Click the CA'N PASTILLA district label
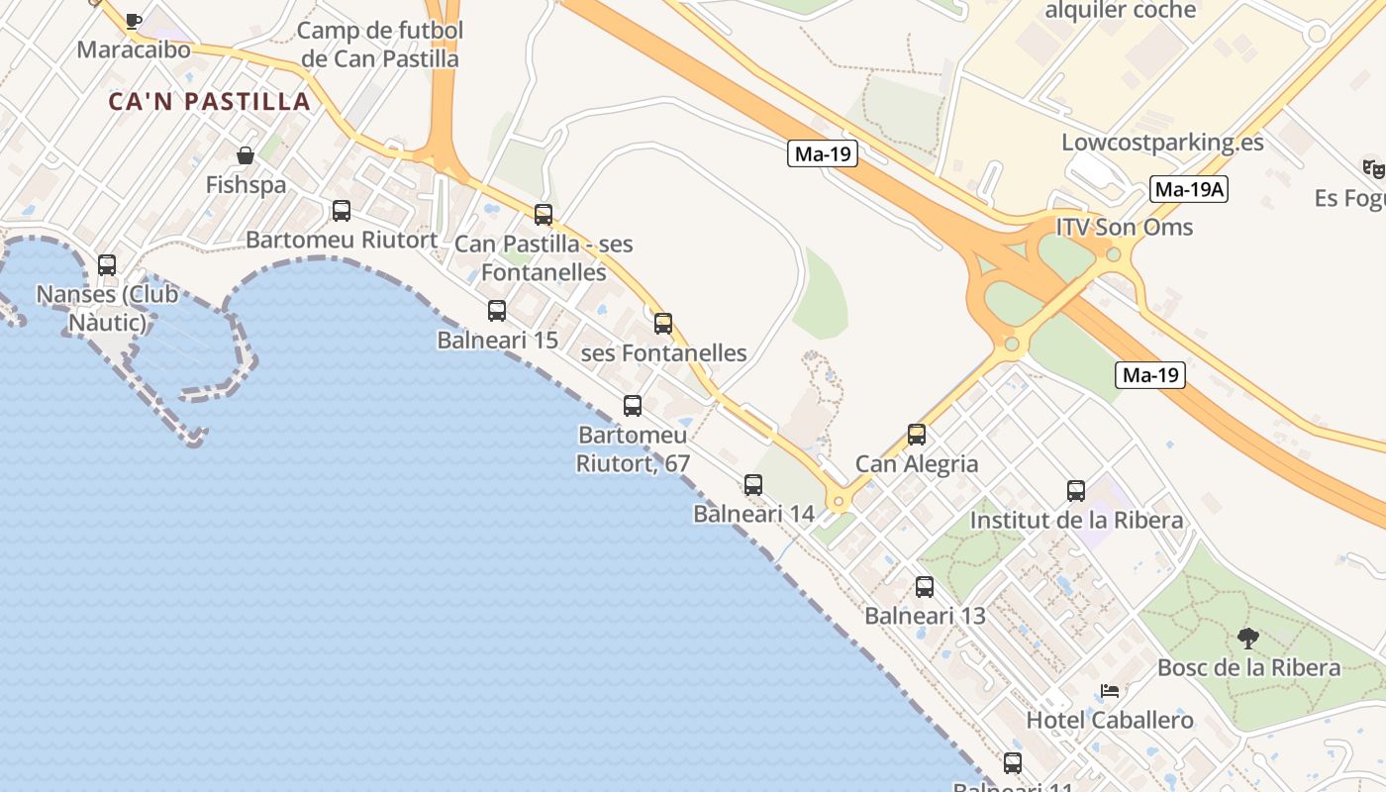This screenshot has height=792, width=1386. coord(209,101)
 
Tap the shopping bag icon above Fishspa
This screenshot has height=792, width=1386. coord(245,155)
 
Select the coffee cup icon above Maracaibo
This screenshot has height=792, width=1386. coord(134,21)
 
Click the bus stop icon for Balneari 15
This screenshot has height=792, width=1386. coord(497,311)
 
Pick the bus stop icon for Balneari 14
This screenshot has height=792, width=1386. coord(753,485)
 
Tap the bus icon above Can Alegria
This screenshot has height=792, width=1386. coord(917,435)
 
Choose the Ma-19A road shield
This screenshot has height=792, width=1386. coord(1189,189)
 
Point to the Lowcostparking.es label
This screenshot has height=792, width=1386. coord(1162,142)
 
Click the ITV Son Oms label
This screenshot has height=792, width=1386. coord(1125,227)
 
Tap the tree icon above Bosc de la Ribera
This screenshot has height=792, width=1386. coord(1248,639)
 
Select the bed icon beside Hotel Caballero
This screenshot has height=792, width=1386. coord(1110,691)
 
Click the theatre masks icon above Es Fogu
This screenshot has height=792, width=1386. coord(1373,169)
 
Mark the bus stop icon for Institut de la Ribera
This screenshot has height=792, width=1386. coord(1076,491)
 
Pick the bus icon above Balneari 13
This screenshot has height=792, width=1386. coord(925,587)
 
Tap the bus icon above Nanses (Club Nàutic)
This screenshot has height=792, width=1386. coord(107,265)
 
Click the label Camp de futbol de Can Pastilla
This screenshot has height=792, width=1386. coord(380,45)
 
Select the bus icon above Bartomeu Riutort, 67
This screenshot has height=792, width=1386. coord(633,406)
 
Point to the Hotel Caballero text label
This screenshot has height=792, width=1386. coord(1110,720)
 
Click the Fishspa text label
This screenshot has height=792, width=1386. coord(246,185)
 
